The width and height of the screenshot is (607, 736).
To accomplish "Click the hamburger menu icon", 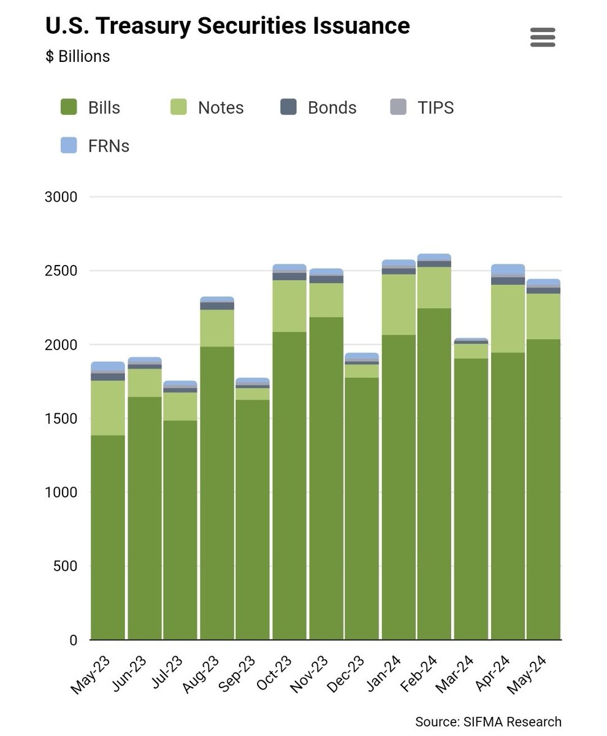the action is click(543, 37).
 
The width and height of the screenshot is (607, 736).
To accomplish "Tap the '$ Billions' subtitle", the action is click(77, 56).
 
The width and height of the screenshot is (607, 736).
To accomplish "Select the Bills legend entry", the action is click(90, 107).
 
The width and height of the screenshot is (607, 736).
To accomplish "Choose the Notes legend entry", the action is click(207, 107).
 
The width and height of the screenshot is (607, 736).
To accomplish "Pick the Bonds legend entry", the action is click(318, 107).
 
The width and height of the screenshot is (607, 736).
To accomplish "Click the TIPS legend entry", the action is click(422, 107).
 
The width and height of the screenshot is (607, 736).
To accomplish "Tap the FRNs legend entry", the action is click(95, 145).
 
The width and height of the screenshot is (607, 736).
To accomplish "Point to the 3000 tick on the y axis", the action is click(61, 197).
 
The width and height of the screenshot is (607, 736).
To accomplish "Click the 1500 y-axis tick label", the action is click(61, 419).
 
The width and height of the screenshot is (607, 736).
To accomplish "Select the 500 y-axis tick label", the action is click(65, 567).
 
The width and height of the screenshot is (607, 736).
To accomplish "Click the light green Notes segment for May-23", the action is click(108, 408).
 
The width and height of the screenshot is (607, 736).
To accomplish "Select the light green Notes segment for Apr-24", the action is click(508, 319).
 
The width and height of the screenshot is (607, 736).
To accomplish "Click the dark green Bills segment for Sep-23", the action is click(253, 520).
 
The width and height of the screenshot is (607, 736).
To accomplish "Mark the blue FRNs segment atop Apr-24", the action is click(508, 269).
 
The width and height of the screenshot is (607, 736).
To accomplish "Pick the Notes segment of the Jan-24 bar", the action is click(399, 305).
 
